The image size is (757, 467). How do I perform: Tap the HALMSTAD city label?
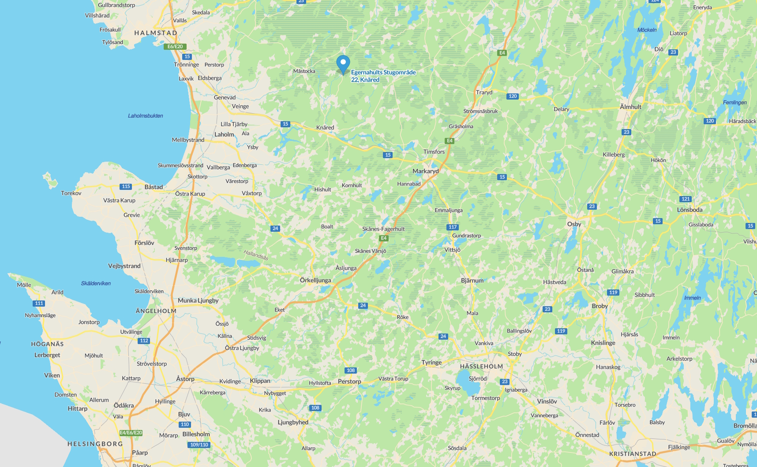(x=156, y=33)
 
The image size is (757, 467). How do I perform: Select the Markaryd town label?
(x=425, y=171)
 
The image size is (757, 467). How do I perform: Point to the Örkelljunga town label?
(x=315, y=280)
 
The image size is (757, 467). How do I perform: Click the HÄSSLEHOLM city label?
(x=481, y=366)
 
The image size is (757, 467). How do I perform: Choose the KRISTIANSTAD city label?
(x=633, y=454)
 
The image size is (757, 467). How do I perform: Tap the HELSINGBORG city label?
(x=95, y=444)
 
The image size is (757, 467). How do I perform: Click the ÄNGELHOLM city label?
(x=156, y=311)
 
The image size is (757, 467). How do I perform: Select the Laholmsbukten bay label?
(x=146, y=116)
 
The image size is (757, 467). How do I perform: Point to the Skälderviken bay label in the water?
(x=96, y=283)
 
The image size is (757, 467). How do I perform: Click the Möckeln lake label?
(x=647, y=30)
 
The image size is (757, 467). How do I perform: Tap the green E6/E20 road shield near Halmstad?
(x=175, y=47)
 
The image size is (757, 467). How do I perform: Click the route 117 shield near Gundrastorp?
(x=453, y=227)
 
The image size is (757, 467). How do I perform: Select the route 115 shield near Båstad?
(x=126, y=187)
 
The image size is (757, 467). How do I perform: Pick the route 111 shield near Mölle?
(x=39, y=303)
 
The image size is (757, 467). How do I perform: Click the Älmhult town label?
(x=630, y=107)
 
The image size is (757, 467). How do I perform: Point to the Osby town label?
(x=574, y=224)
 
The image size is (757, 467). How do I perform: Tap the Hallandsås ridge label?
(x=256, y=255)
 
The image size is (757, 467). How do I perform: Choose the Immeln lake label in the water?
(x=692, y=298)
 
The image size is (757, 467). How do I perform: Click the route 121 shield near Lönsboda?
(x=686, y=199)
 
